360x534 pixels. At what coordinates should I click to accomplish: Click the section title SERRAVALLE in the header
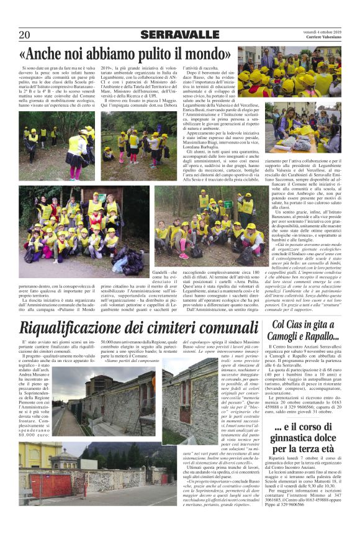(180, 35)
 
